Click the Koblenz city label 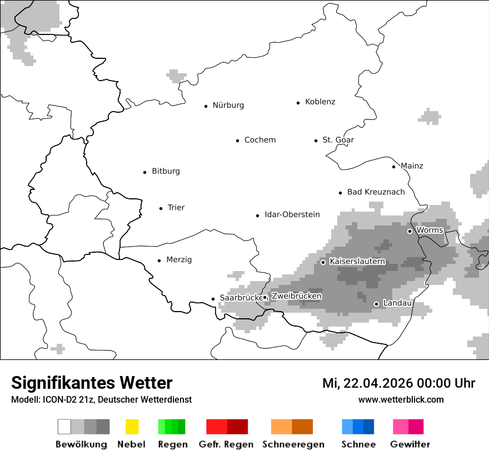[x=320, y=102]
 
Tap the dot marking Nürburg [x=206, y=106]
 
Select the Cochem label [x=260, y=140]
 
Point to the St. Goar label [x=338, y=140]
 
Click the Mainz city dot [x=394, y=167]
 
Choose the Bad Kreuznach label [x=376, y=192]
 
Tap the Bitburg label [x=166, y=171]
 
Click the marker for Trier [x=161, y=208]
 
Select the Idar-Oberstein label [x=292, y=214]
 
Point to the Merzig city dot [x=159, y=260]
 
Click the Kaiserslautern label [x=357, y=261]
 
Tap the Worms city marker [x=410, y=231]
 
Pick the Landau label [x=397, y=303]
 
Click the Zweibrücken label [x=296, y=296]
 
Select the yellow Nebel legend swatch [x=132, y=427]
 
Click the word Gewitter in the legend [x=410, y=444]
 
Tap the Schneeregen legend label [x=293, y=444]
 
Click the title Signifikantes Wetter [x=92, y=383]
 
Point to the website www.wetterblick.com [x=401, y=399]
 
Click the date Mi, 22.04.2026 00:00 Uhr [x=398, y=383]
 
